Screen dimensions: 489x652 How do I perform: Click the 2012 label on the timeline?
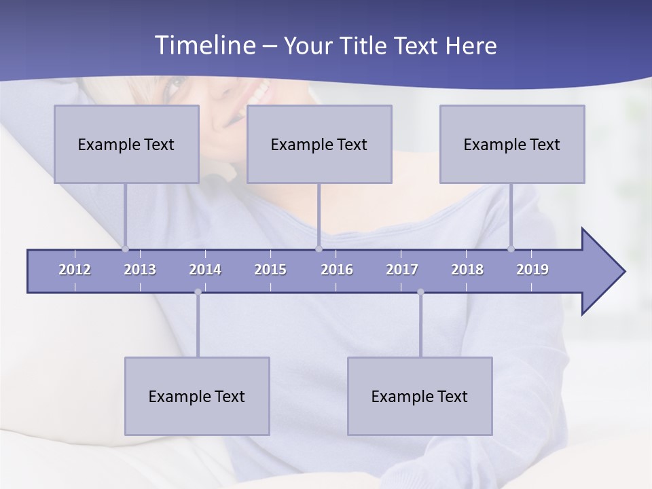75,270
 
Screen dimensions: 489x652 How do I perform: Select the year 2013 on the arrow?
140,270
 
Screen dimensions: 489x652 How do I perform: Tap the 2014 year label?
205,270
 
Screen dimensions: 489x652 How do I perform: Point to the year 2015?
270,270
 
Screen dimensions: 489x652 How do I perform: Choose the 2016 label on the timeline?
337,270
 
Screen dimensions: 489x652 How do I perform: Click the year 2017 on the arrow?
402,270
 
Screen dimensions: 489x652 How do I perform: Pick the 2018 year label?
467,270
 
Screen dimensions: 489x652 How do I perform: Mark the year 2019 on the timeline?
532,270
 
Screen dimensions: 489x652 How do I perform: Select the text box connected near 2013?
126,144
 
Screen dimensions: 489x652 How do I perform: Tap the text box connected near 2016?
319,144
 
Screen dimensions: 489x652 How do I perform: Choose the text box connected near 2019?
512,144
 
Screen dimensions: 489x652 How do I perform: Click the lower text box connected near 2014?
197,396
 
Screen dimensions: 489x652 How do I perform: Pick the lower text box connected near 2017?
420,396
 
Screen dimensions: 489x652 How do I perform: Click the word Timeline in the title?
204,46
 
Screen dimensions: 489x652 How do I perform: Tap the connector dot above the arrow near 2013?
125,249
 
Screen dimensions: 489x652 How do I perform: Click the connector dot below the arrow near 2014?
198,292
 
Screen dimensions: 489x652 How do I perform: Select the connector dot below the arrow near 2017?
420,292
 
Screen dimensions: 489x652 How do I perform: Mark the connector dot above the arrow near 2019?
511,249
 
